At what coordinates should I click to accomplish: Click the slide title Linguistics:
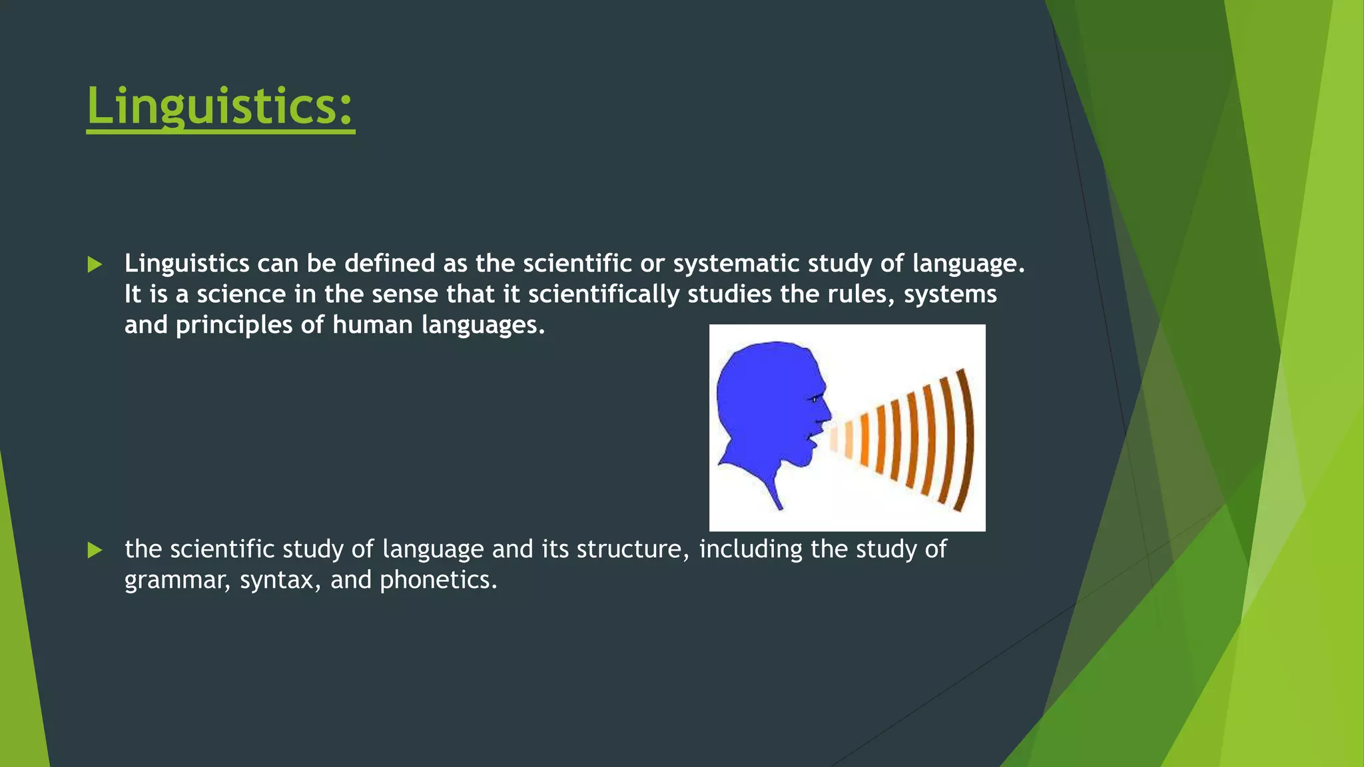(x=220, y=107)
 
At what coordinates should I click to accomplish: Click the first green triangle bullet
(x=95, y=265)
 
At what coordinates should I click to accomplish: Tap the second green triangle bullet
(x=95, y=551)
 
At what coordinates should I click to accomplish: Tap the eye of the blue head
(x=814, y=399)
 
